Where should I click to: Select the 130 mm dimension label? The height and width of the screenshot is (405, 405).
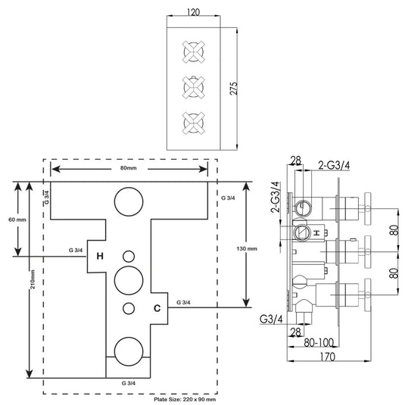247,249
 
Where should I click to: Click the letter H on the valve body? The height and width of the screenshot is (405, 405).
99,256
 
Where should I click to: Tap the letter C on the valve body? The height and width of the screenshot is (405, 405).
157,308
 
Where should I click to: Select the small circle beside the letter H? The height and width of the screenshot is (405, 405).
126,256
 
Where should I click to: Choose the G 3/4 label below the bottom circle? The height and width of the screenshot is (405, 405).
129,383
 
